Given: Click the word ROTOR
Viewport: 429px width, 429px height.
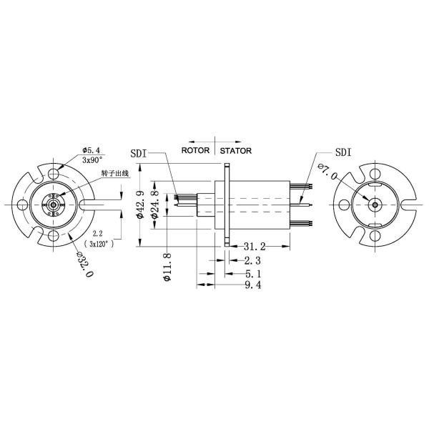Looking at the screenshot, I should click(196, 151).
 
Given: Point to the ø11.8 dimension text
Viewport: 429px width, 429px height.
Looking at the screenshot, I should click(167, 266).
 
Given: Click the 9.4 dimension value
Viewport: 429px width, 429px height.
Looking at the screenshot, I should click(253, 285).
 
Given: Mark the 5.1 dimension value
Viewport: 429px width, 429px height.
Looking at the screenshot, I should click(253, 272).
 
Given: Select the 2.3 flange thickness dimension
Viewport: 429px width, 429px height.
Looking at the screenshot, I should click(253, 260).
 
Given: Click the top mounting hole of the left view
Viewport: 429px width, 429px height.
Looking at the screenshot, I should click(54, 174).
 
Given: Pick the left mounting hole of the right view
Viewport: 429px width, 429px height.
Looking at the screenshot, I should click(344, 204).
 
